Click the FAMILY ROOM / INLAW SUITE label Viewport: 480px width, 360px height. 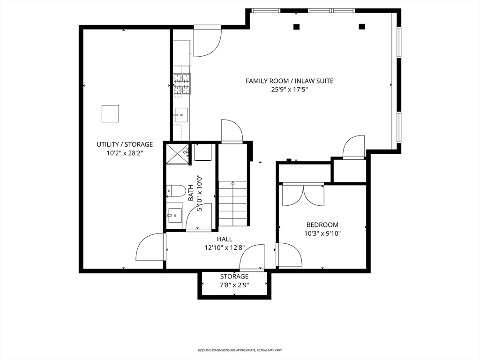tap(289, 81)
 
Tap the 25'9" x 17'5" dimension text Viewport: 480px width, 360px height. tap(289, 90)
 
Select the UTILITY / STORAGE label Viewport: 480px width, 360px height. tap(125, 144)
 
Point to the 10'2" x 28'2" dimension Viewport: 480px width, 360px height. tap(125, 153)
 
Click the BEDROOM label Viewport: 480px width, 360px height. tap(322, 225)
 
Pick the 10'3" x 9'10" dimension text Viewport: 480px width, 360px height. tap(322, 233)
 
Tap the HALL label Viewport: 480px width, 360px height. tap(225, 239)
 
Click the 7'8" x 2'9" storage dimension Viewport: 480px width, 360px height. tap(234, 285)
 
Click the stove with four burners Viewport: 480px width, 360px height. tap(182, 84)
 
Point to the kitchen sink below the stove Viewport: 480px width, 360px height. tap(181, 114)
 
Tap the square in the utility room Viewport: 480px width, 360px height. tap(110, 113)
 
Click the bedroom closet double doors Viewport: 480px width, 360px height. tap(303, 195)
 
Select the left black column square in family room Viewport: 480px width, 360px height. tap(296, 27)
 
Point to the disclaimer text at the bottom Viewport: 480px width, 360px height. tap(240, 350)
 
